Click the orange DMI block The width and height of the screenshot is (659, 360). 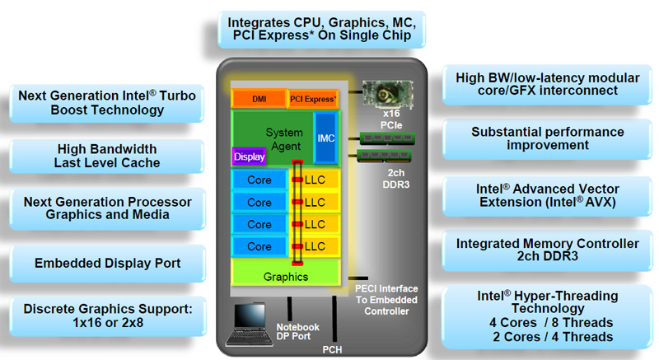coord(259,99)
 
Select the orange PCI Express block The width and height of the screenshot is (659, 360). coord(313,99)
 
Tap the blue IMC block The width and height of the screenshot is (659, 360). coord(325,138)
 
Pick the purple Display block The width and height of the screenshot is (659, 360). coord(250,157)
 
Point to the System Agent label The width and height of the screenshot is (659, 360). coord(285,139)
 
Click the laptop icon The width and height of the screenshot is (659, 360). coord(247,325)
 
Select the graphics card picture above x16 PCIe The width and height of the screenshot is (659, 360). coord(387,95)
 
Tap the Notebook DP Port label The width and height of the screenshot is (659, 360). coord(297,331)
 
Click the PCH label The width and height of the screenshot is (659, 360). coord(332,349)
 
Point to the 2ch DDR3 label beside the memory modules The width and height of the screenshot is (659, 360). coord(395,179)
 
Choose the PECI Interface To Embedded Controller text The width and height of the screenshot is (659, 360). coord(386,300)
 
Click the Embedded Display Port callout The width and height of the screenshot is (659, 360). coord(108,264)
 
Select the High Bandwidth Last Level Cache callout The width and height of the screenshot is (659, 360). coord(107,156)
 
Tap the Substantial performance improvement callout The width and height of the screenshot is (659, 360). coord(547,138)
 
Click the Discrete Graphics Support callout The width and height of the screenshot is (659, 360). coord(108,316)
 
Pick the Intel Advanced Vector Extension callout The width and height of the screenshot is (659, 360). coord(547,196)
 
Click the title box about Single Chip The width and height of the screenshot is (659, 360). coord(321,29)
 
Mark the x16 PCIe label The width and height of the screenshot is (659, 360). coord(391,119)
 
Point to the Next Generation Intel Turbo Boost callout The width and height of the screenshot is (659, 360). coord(107,103)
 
